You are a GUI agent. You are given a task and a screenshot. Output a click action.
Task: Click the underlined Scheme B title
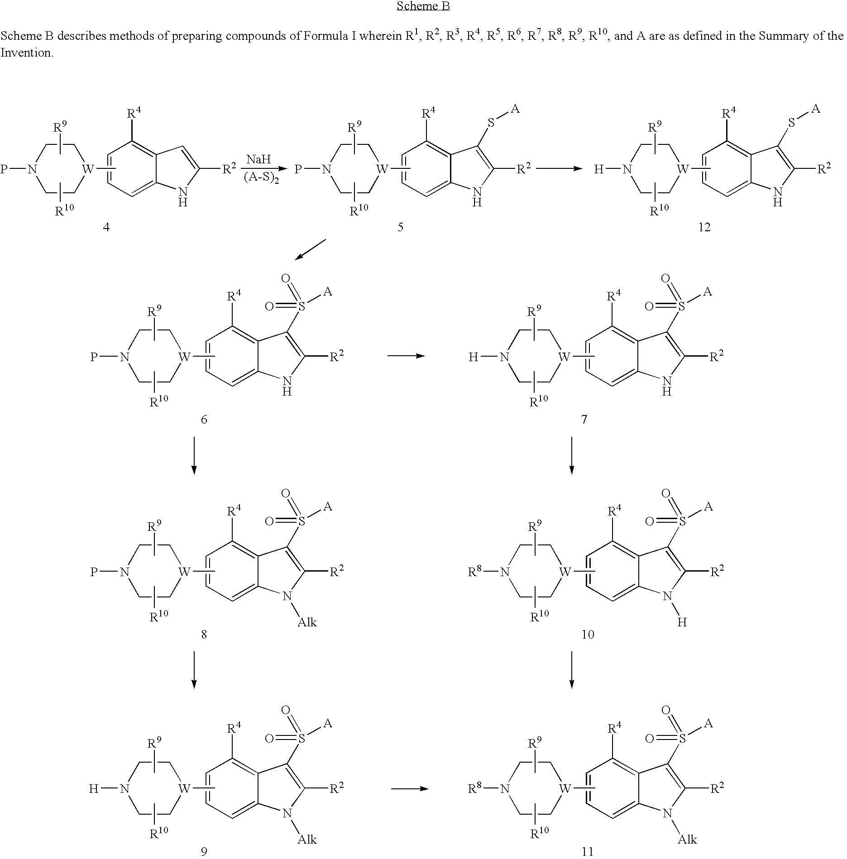point(423,6)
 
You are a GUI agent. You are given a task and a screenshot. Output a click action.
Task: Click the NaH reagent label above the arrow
point(258,159)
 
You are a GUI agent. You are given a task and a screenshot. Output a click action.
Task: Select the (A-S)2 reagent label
point(259,177)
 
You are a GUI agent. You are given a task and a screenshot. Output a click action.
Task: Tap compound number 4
point(106,227)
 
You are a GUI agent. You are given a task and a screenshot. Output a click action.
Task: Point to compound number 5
point(400,227)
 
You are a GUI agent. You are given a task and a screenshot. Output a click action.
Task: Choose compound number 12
point(704,227)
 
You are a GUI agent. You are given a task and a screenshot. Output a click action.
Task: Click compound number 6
point(204,420)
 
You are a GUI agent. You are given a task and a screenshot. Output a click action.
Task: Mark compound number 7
point(584,420)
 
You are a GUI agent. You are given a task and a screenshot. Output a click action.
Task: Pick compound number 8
point(204,635)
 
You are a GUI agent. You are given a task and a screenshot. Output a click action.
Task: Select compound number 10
point(588,635)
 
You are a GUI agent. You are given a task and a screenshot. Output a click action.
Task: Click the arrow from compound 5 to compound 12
point(559,169)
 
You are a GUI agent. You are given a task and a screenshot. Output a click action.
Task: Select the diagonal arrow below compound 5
point(310,249)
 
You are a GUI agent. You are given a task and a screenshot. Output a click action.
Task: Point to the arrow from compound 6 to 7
point(406,356)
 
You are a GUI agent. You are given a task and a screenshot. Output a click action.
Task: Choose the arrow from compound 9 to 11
point(410,789)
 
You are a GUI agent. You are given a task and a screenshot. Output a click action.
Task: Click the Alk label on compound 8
point(307,622)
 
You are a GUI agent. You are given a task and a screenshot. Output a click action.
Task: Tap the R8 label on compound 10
point(475,572)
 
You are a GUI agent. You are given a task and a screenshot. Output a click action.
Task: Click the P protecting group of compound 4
point(4,169)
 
